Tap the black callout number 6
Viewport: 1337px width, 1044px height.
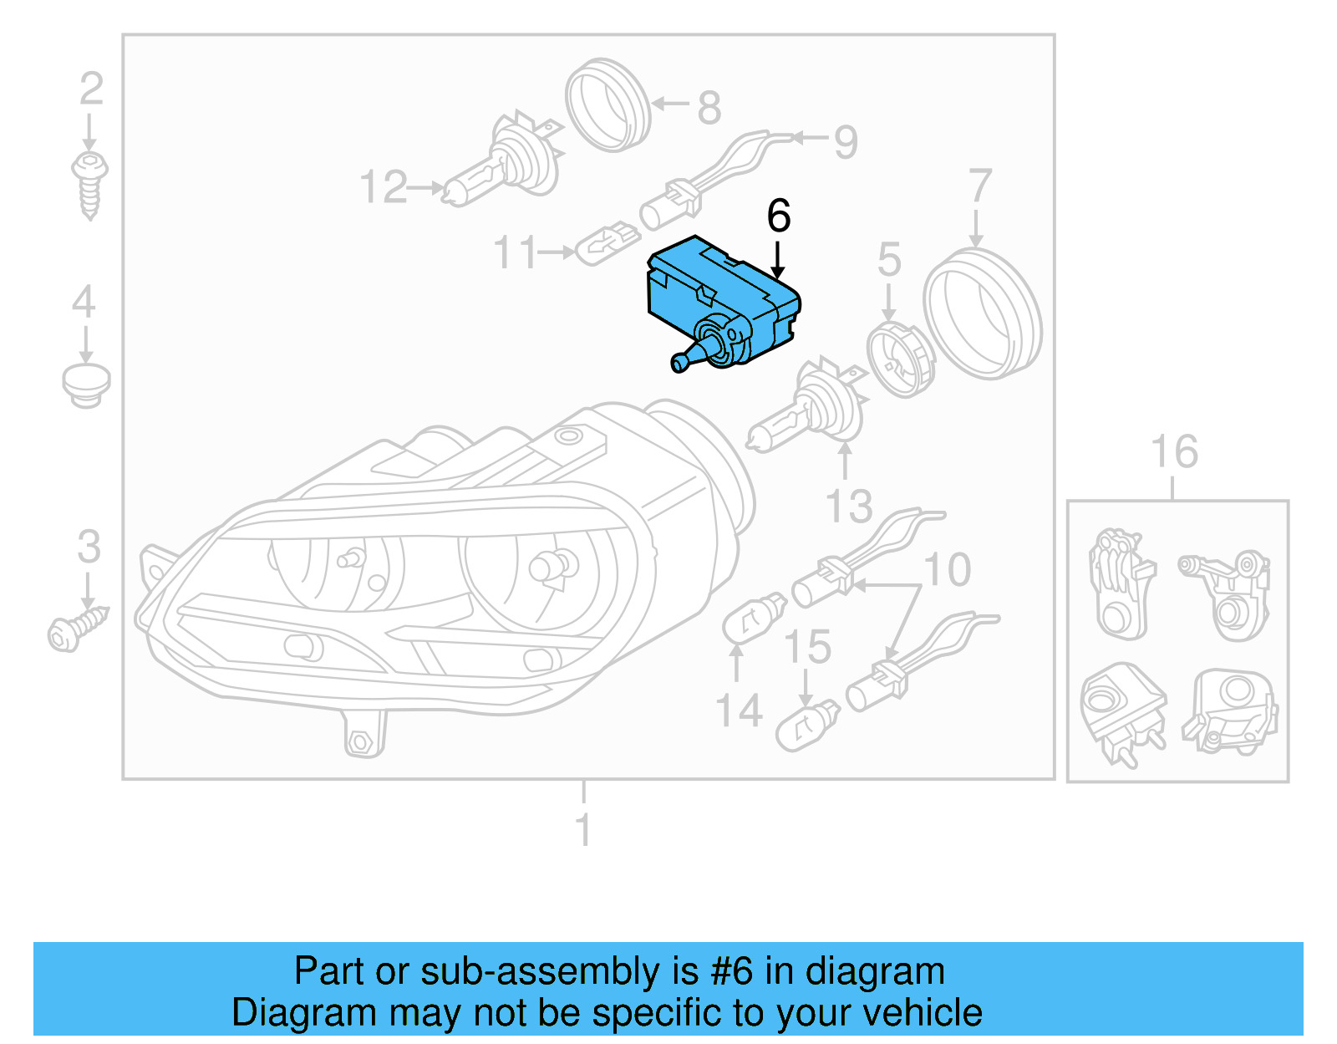(778, 216)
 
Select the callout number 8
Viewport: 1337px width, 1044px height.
(709, 108)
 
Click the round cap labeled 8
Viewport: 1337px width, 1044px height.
(607, 104)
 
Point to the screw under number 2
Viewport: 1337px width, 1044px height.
(89, 184)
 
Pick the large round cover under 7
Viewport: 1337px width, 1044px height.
(983, 313)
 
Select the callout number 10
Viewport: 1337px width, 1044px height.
(948, 570)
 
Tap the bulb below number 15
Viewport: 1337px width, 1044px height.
(807, 726)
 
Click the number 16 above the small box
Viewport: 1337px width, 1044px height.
(1174, 452)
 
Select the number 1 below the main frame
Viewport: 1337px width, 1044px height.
(583, 829)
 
